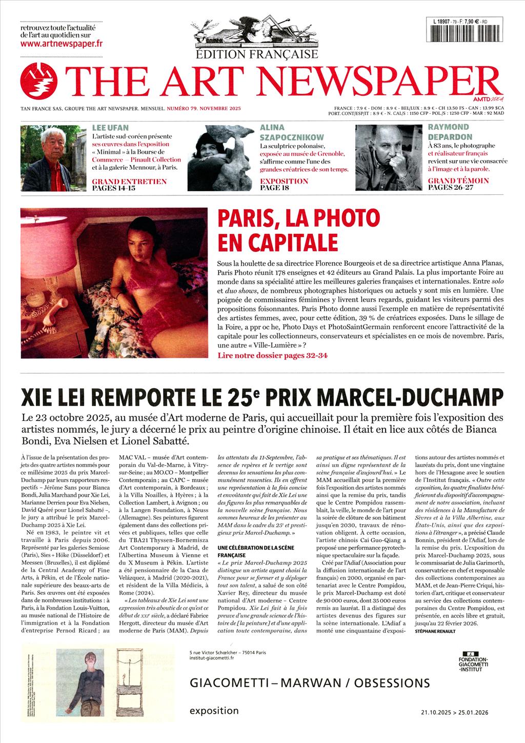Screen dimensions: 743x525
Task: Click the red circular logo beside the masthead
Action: pyautogui.click(x=38, y=81)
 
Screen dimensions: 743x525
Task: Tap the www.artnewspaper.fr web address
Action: pyautogui.click(x=62, y=44)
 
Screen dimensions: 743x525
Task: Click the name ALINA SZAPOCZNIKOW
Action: pyautogui.click(x=292, y=132)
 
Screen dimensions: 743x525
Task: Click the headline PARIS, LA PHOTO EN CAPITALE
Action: pyautogui.click(x=299, y=229)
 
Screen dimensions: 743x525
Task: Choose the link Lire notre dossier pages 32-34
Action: pyautogui.click(x=272, y=355)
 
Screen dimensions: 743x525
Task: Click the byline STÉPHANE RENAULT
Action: pyautogui.click(x=435, y=631)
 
